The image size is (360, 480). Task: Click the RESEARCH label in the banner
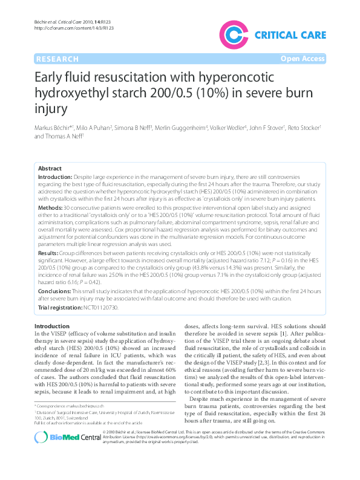coord(57,59)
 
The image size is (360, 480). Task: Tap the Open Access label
coord(303,59)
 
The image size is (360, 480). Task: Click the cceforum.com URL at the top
coord(74,28)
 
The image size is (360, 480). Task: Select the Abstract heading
coord(50,168)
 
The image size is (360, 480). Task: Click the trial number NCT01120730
coord(100,308)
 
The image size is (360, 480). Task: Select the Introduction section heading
coord(52,326)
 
